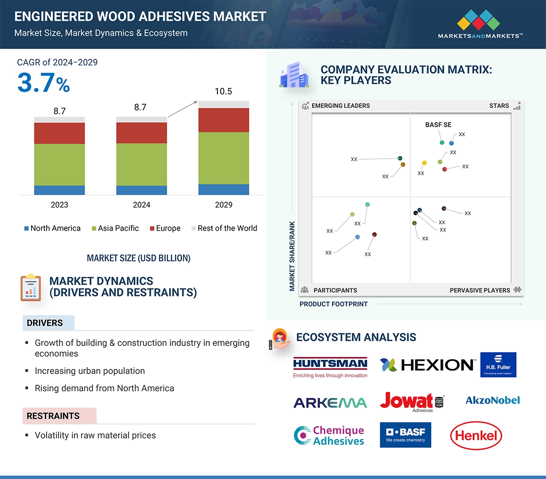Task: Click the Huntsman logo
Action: coord(330,367)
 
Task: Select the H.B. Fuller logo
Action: coord(498,365)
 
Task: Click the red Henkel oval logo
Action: coord(476,436)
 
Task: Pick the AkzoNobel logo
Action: coord(492,400)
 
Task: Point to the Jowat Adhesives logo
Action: coord(412,402)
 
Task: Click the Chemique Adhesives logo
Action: coord(329,436)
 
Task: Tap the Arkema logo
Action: coord(330,402)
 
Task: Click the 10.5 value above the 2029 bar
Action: coord(223,92)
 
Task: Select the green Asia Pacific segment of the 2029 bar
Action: coord(224,158)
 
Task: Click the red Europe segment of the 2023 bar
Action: coord(59,133)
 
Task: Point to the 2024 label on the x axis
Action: coord(141,204)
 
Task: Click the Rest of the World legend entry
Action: coord(224,228)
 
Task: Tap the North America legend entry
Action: coord(52,228)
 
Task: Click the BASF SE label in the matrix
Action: coord(438,125)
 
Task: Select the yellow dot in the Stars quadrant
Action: coord(424,163)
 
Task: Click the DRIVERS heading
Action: coord(45,323)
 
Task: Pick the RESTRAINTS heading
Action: coord(53,416)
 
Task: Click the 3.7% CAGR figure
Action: coord(43,83)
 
